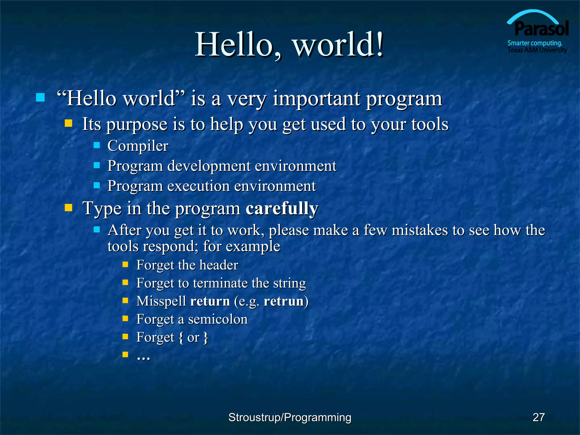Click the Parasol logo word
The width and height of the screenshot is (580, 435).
click(x=541, y=29)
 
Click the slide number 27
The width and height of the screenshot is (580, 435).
click(x=538, y=417)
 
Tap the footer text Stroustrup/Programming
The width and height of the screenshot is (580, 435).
click(x=290, y=417)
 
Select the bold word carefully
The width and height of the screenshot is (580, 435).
click(x=282, y=208)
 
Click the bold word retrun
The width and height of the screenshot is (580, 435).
click(x=284, y=301)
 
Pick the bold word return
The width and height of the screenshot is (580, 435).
click(x=210, y=301)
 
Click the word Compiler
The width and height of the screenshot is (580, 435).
click(x=138, y=146)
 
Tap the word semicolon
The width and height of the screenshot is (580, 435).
click(x=217, y=319)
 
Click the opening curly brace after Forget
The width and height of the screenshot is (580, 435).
click(x=181, y=337)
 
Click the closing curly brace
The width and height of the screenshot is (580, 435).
click(x=206, y=337)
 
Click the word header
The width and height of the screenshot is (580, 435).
click(x=219, y=265)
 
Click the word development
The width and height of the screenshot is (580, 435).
click(x=209, y=166)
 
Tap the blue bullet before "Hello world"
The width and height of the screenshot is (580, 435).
click(x=40, y=97)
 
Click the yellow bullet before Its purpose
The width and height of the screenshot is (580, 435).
click(x=69, y=123)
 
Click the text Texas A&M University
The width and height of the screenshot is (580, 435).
click(x=537, y=50)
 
